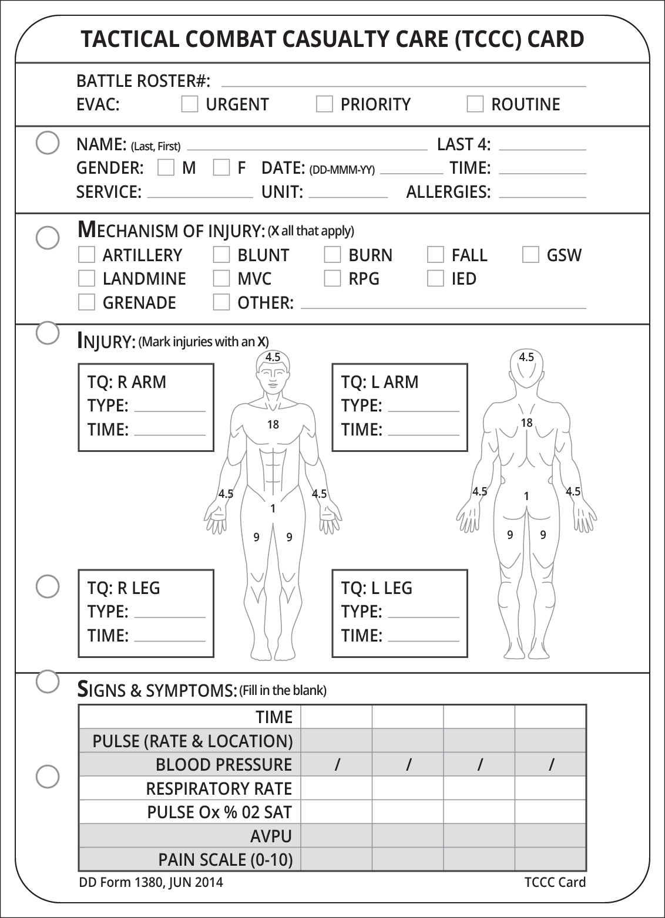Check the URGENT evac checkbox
point(190,104)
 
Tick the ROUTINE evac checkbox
point(475,104)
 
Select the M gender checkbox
point(166,168)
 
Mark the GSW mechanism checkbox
point(530,255)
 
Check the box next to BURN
point(332,255)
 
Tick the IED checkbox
point(435,278)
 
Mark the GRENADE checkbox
point(86,302)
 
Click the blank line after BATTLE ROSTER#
point(403,82)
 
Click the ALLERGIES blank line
point(542,194)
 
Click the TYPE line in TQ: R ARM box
point(170,407)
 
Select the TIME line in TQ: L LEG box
point(423,637)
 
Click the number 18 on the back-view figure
point(526,423)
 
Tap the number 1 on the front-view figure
point(273,508)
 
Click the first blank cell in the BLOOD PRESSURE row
point(337,764)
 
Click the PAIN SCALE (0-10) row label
point(225,860)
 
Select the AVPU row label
point(271,836)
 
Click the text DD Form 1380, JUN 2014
point(151,882)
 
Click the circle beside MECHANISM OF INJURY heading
point(48,237)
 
